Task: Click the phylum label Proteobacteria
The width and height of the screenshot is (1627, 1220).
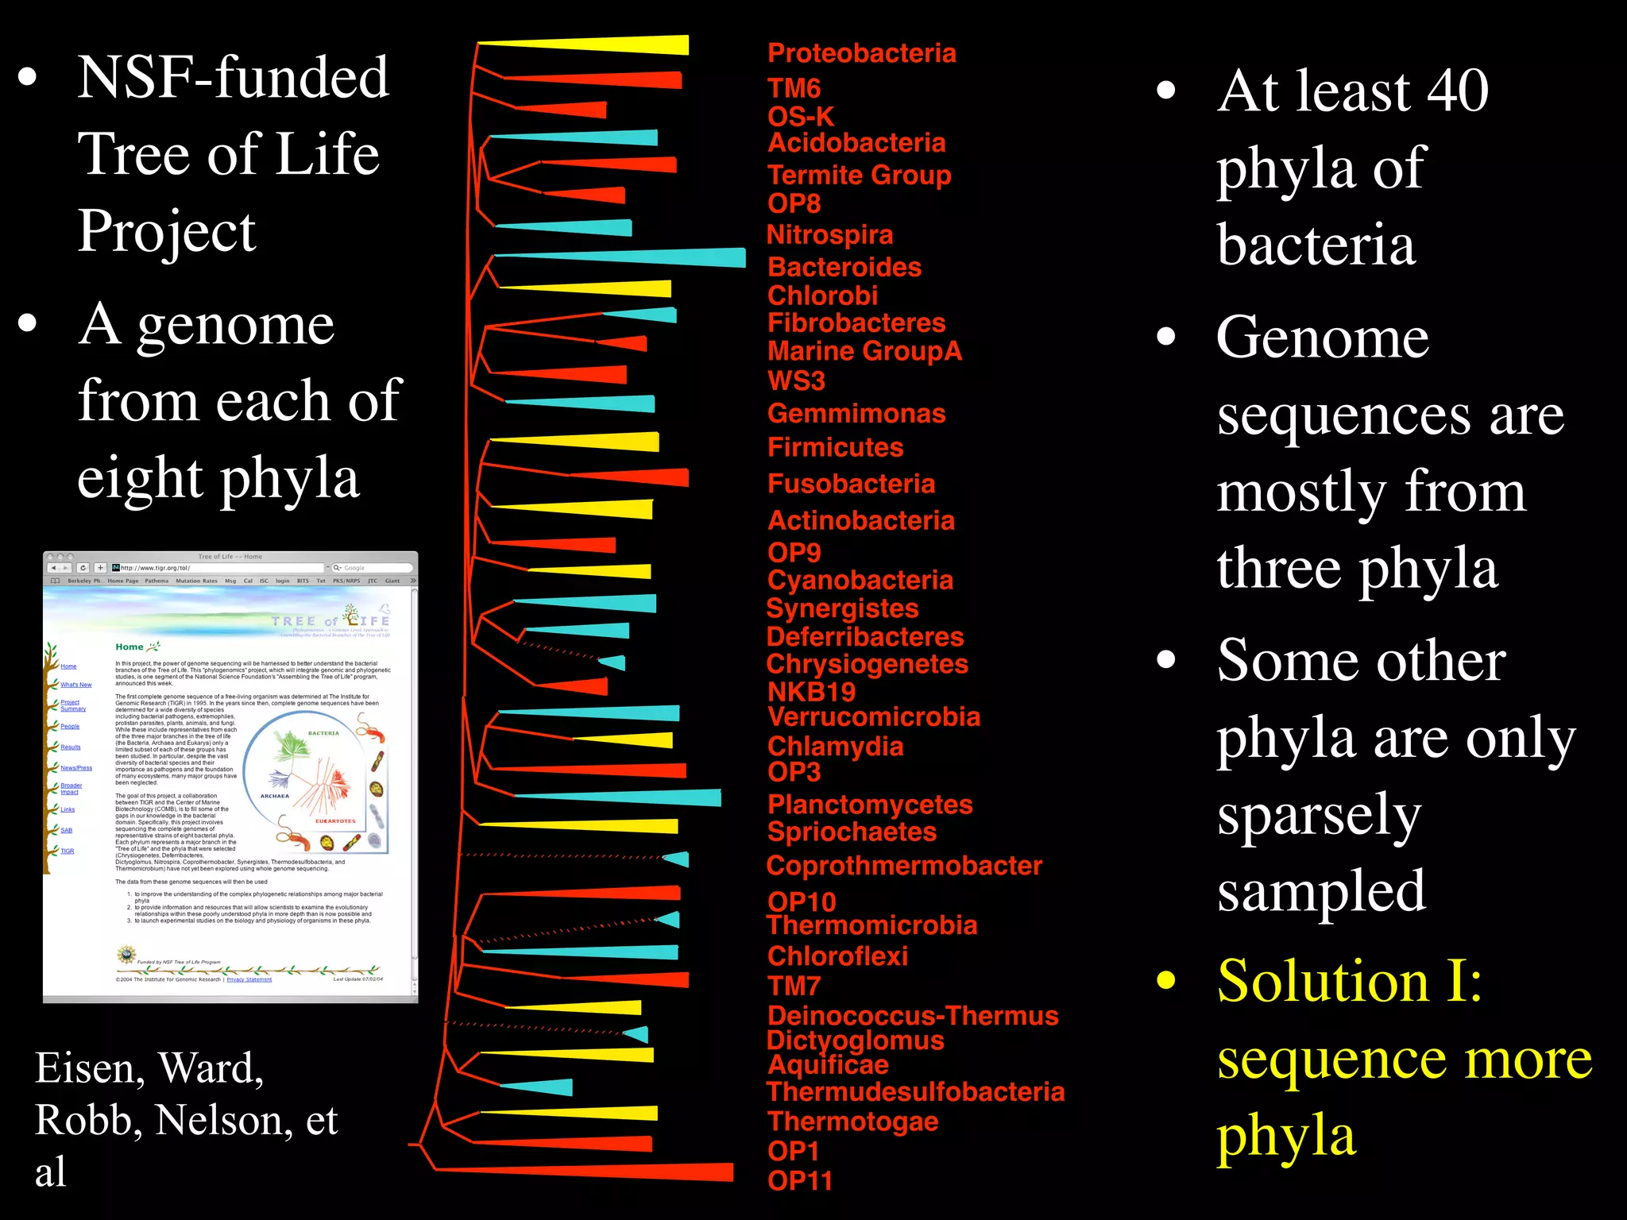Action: click(861, 53)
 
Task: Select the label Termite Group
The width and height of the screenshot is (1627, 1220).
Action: click(859, 175)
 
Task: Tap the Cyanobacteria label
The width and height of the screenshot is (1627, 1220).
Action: click(860, 580)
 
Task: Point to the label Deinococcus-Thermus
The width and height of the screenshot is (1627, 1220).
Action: click(913, 1015)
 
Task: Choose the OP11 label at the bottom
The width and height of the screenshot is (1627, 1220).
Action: click(799, 1180)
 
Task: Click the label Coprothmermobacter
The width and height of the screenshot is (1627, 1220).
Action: click(903, 865)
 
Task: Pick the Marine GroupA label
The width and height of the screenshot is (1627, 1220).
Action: click(864, 350)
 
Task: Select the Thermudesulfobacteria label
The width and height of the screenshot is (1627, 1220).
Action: click(915, 1091)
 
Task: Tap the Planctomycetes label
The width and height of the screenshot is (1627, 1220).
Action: click(870, 805)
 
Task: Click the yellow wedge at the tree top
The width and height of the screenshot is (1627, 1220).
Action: click(620, 45)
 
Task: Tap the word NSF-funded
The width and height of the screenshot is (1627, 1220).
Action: click(233, 78)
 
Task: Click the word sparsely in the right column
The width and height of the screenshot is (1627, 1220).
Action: click(1319, 816)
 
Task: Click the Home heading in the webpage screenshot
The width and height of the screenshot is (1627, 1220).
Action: click(129, 647)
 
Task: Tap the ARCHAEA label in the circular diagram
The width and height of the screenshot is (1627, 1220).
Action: click(275, 796)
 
